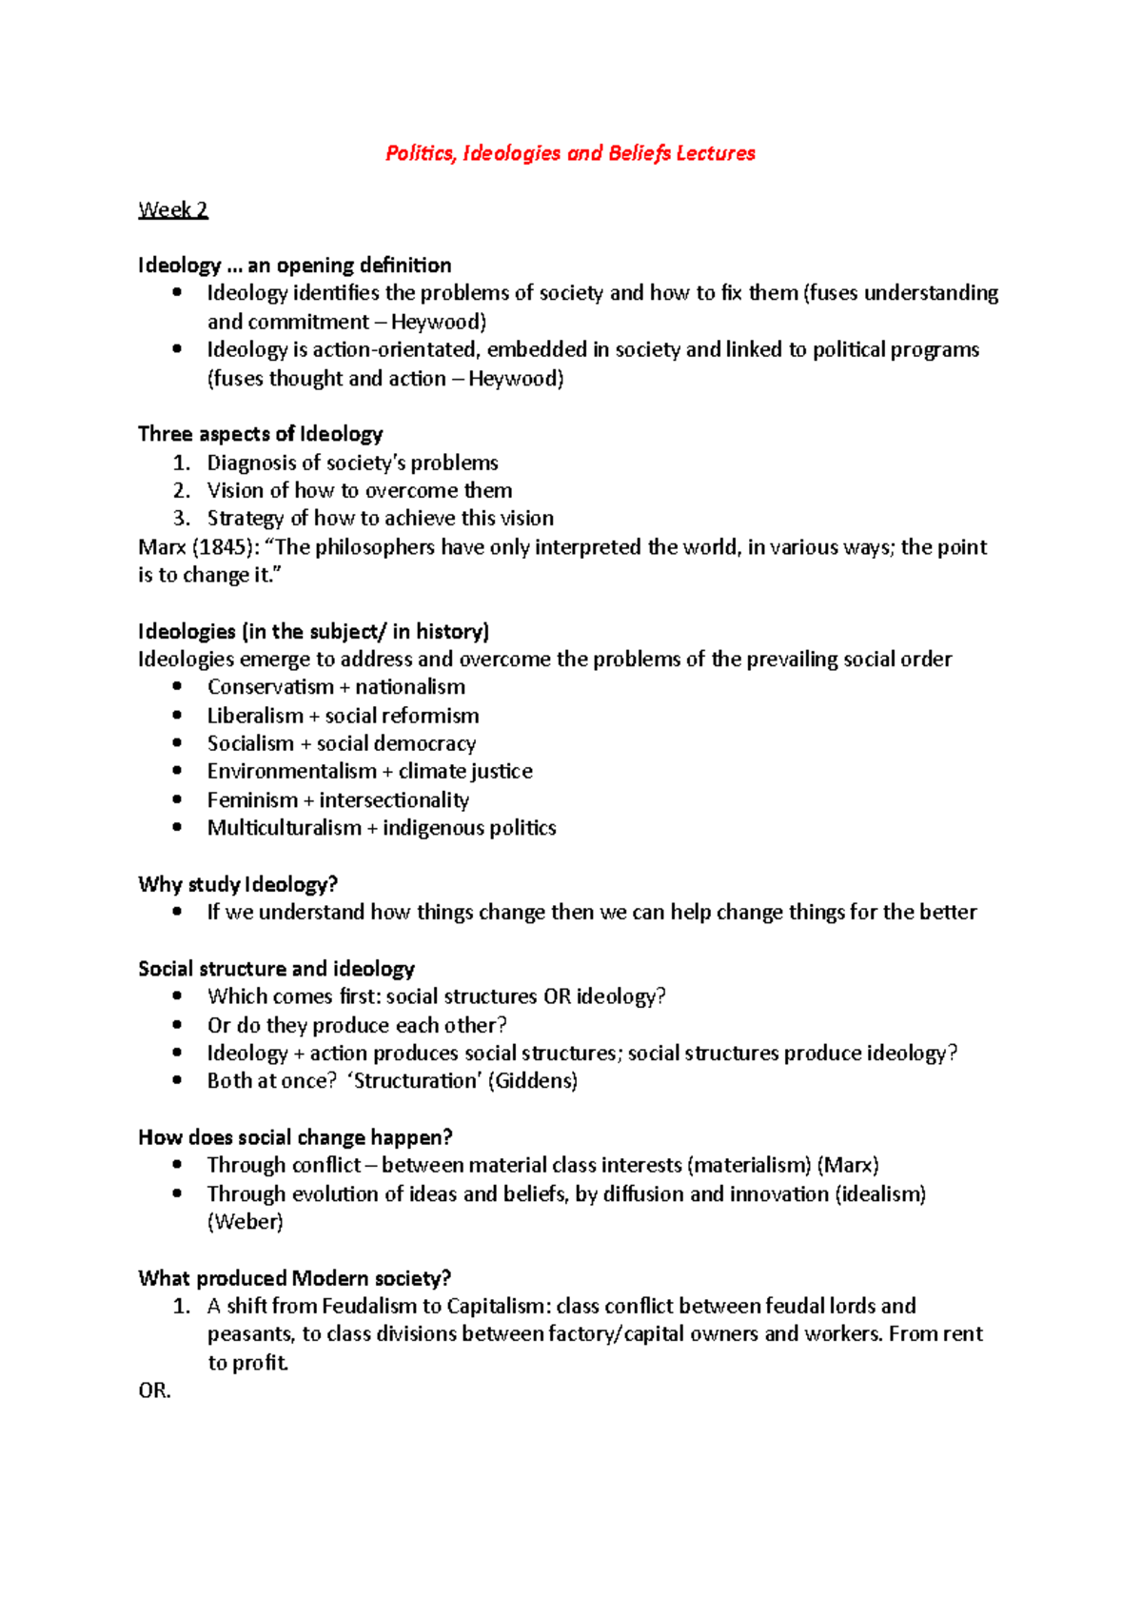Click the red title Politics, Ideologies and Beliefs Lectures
(570, 153)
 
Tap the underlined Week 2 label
(172, 209)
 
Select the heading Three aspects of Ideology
(260, 434)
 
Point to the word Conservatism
(270, 687)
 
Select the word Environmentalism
(292, 771)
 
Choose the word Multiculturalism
(284, 828)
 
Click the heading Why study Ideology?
(238, 884)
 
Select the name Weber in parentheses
(246, 1222)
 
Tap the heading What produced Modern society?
(294, 1278)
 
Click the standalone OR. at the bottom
(154, 1390)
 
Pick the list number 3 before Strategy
(181, 519)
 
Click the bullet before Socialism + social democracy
(177, 742)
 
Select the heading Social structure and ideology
(276, 969)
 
